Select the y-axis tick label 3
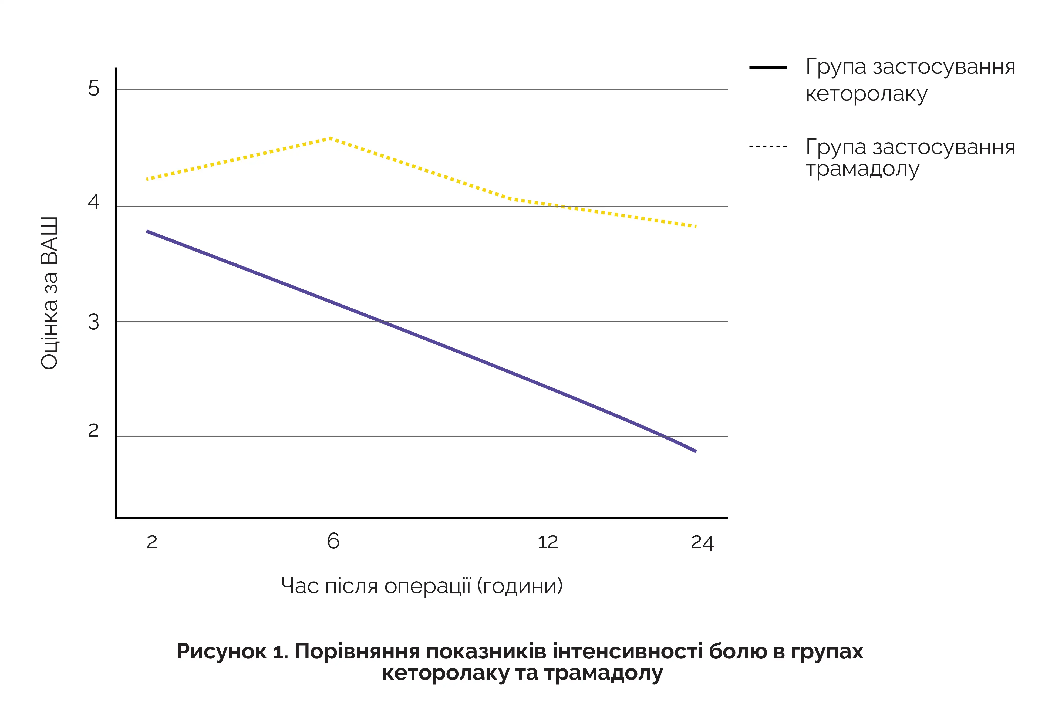pyautogui.click(x=93, y=322)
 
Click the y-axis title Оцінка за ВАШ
pyautogui.click(x=50, y=293)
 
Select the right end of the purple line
pyautogui.click(x=695, y=451)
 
